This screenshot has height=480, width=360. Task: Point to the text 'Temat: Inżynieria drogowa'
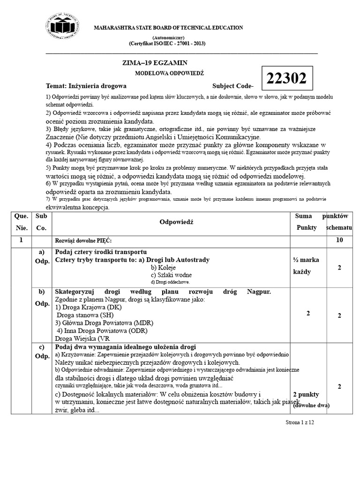[86, 86]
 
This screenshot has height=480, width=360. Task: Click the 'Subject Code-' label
[233, 86]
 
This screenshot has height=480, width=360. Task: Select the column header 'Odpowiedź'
[176, 222]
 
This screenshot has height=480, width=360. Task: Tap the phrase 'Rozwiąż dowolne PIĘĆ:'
[83, 240]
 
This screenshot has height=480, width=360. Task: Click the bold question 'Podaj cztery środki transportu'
[101, 252]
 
